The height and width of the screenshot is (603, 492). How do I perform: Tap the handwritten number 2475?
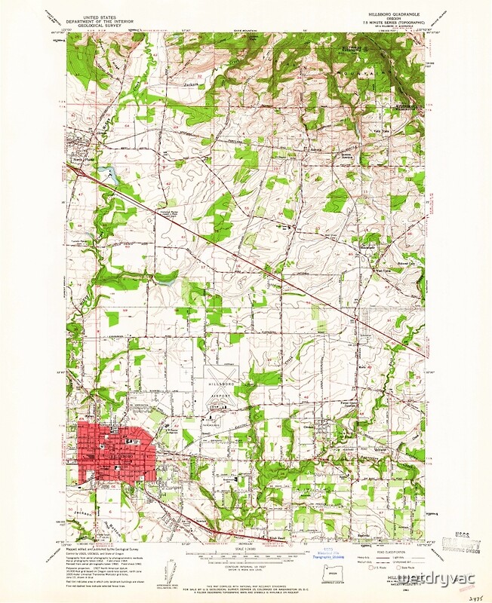pos(473,595)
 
